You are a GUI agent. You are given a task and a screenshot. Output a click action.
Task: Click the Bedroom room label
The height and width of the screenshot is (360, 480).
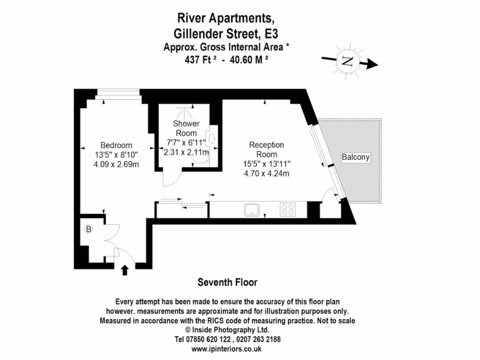click(x=116, y=145)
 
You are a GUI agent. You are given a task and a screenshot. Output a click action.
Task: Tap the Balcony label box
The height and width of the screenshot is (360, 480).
click(x=355, y=157)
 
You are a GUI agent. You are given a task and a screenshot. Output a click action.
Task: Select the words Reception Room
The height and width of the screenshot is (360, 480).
click(x=266, y=150)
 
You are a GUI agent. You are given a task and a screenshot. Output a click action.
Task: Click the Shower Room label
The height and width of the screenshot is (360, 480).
click(x=186, y=128)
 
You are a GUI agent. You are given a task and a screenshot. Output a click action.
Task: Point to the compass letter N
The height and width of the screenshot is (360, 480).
click(x=347, y=61)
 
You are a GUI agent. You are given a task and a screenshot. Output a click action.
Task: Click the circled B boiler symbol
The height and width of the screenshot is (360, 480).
click(x=88, y=229)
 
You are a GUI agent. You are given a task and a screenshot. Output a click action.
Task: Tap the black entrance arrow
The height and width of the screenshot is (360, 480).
click(x=125, y=270)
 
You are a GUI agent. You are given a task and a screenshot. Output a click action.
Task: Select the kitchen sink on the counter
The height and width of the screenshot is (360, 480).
click(x=252, y=210)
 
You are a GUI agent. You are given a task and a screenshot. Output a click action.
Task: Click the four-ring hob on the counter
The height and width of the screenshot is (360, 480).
click(x=287, y=210)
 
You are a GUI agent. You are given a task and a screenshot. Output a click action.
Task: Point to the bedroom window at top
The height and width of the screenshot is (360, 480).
click(x=117, y=95)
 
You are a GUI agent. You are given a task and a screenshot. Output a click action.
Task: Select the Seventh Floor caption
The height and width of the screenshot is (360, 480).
click(x=227, y=282)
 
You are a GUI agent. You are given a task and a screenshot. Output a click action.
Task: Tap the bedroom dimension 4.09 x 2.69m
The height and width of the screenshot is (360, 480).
click(x=116, y=164)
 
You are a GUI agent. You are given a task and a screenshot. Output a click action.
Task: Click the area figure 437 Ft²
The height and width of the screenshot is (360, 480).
click(x=200, y=60)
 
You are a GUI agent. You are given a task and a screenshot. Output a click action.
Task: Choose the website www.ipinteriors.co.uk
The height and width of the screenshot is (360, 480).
click(x=226, y=349)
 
